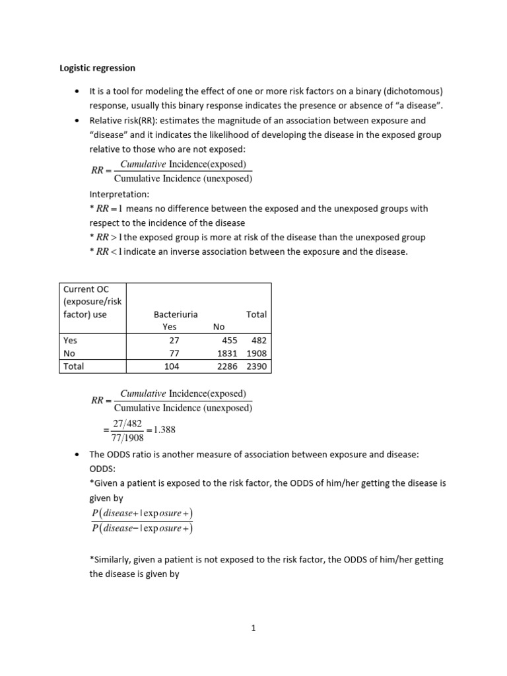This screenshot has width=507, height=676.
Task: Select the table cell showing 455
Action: pos(230,341)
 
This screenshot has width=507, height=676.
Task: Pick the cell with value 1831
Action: pos(227,353)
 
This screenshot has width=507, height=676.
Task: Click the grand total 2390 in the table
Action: pos(257,366)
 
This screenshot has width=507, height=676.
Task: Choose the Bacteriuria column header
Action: pos(175,315)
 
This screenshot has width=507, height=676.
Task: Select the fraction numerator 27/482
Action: pos(127,423)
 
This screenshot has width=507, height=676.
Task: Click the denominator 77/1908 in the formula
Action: pos(127,436)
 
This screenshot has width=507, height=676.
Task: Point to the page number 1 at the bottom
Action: pos(253,628)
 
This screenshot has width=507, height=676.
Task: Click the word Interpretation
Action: pos(119,195)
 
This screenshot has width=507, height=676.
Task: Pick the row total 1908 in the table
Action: pos(257,353)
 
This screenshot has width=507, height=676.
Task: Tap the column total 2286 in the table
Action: pos(227,366)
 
